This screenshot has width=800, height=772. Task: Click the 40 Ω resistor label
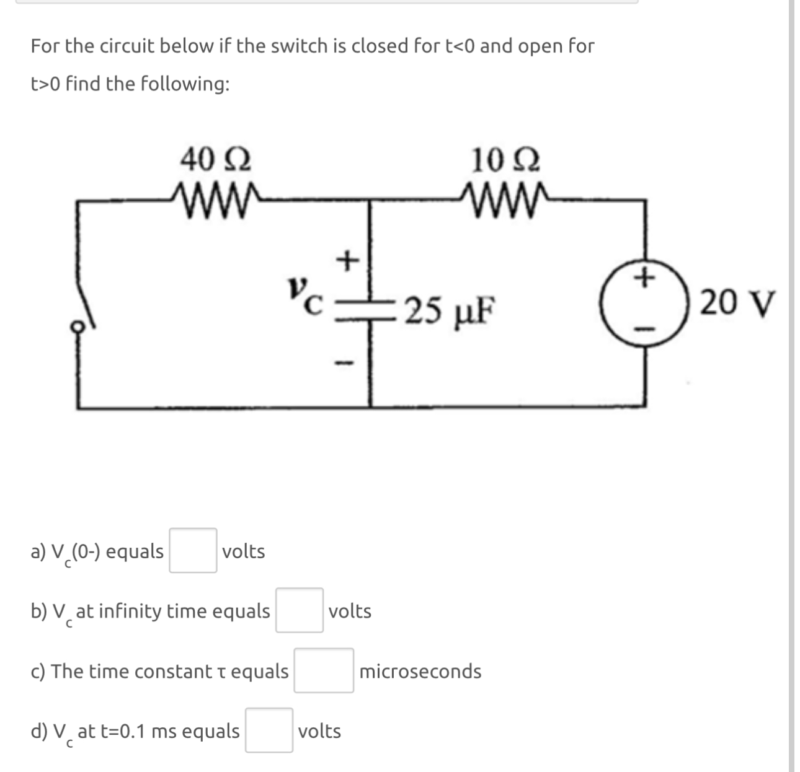tap(215, 160)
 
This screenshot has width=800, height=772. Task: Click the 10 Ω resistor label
tap(505, 160)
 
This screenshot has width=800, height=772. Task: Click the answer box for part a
tap(193, 550)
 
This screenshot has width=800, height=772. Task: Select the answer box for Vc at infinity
tap(299, 610)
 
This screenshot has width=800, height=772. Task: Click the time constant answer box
tap(323, 670)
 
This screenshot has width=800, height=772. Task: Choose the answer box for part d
tap(269, 730)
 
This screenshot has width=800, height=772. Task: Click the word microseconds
tap(420, 671)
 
